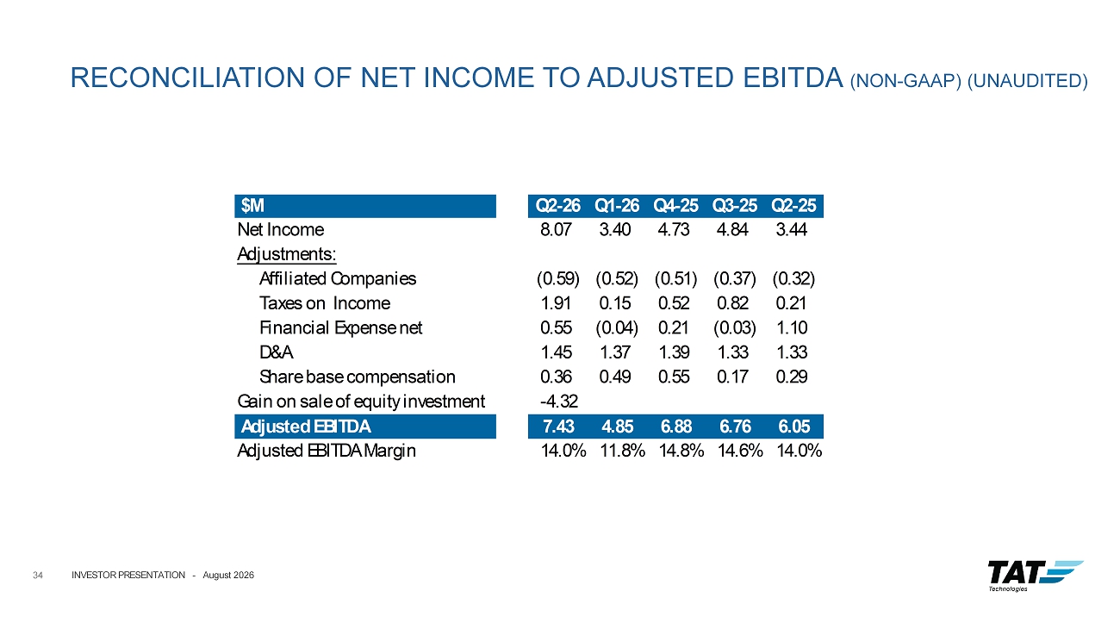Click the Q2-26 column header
557,205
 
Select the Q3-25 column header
735,205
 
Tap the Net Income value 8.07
556,229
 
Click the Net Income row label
281,229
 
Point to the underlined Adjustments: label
287,254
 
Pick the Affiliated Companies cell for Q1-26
617,278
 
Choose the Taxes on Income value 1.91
556,303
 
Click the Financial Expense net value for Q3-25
735,328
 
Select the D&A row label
276,352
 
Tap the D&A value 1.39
674,352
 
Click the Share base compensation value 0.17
732,377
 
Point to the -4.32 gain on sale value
559,401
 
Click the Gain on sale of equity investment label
361,402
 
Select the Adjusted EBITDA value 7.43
558,427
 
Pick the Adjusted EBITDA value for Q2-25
794,427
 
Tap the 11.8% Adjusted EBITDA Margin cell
623,451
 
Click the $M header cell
252,205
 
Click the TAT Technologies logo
1035,576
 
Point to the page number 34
38,576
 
